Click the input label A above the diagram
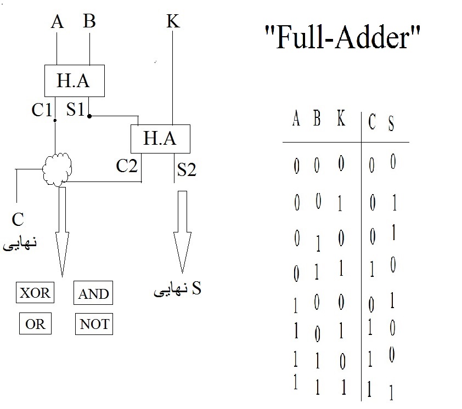57,22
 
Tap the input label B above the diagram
89,22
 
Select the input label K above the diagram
173,22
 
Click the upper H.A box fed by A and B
74,81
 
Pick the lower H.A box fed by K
160,138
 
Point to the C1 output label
42,110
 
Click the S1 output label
76,110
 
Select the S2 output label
187,170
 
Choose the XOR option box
35,293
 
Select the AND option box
93,293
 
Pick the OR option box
35,324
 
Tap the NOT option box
94,324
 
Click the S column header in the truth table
391,123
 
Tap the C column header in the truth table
371,122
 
